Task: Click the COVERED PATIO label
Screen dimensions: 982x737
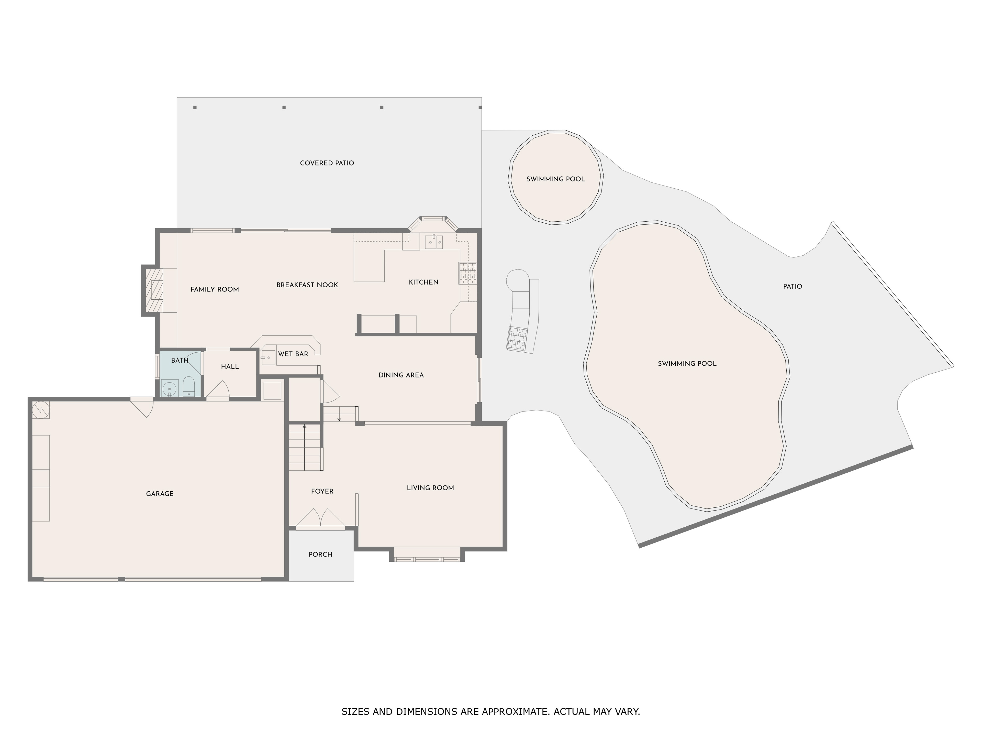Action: [x=327, y=163]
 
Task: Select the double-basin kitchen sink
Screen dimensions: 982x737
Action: [x=434, y=242]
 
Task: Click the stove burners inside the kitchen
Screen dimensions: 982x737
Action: [x=467, y=273]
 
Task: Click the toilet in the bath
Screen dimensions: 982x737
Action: [x=189, y=386]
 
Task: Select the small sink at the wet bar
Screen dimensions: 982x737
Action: [x=268, y=357]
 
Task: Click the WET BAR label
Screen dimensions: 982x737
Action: [x=293, y=354]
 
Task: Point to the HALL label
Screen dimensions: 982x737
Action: [x=230, y=366]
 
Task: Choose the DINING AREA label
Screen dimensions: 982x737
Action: [x=401, y=375]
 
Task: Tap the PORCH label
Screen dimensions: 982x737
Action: [x=320, y=555]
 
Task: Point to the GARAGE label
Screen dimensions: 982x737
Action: [x=160, y=494]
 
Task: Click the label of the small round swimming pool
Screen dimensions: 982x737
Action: [x=555, y=179]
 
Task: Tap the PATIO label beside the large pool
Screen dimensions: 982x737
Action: [x=793, y=287]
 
